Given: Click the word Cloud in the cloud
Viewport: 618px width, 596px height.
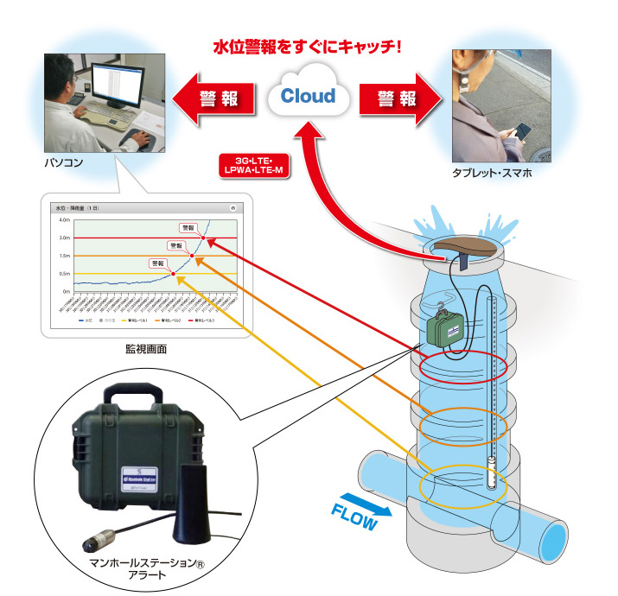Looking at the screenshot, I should coord(309,95).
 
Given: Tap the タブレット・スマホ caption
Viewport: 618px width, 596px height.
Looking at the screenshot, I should coord(491,173).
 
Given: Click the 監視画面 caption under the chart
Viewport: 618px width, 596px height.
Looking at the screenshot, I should coord(145,349).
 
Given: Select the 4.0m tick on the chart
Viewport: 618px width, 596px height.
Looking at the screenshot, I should coord(64,220).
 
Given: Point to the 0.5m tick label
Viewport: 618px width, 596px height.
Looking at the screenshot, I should coord(64,274).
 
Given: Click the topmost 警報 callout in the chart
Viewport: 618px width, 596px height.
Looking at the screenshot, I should coord(188,228).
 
